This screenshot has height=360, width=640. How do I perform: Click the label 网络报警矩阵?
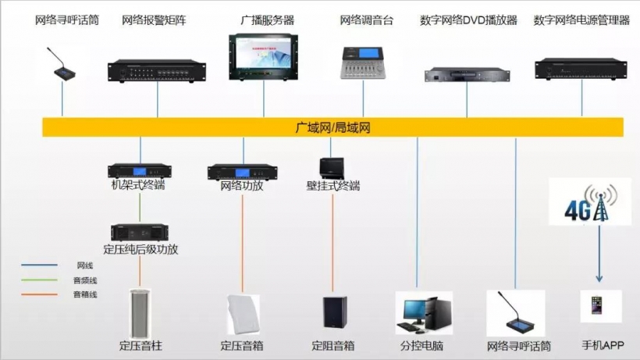pos(155,20)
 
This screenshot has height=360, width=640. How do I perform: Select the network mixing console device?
pos(361,63)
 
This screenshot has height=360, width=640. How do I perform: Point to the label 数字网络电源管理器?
pos(581,20)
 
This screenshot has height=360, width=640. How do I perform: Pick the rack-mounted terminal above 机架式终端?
pos(140,170)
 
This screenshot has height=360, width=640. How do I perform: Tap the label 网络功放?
pos(242,187)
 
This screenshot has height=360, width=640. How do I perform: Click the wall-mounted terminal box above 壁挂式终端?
pos(332,168)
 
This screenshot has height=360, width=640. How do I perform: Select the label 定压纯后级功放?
pos(140,250)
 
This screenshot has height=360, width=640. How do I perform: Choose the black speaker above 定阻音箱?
pos(335,313)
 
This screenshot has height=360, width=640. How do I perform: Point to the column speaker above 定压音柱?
pos(140,313)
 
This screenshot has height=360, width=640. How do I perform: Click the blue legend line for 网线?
pos(39,266)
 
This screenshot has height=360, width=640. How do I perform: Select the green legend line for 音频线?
pos(39,280)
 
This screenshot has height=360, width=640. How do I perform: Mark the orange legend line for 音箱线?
pos(39,294)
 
